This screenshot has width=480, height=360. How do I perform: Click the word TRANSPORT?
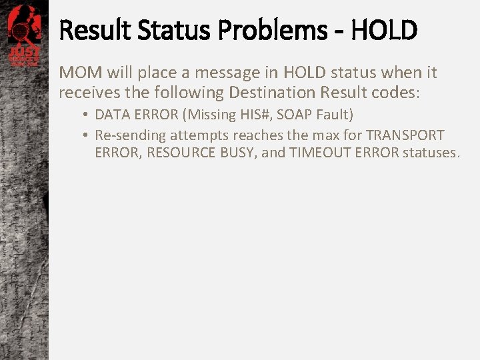[405, 135]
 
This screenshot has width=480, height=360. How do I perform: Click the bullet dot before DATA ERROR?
[87, 115]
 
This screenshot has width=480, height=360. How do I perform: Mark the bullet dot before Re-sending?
[87, 135]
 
